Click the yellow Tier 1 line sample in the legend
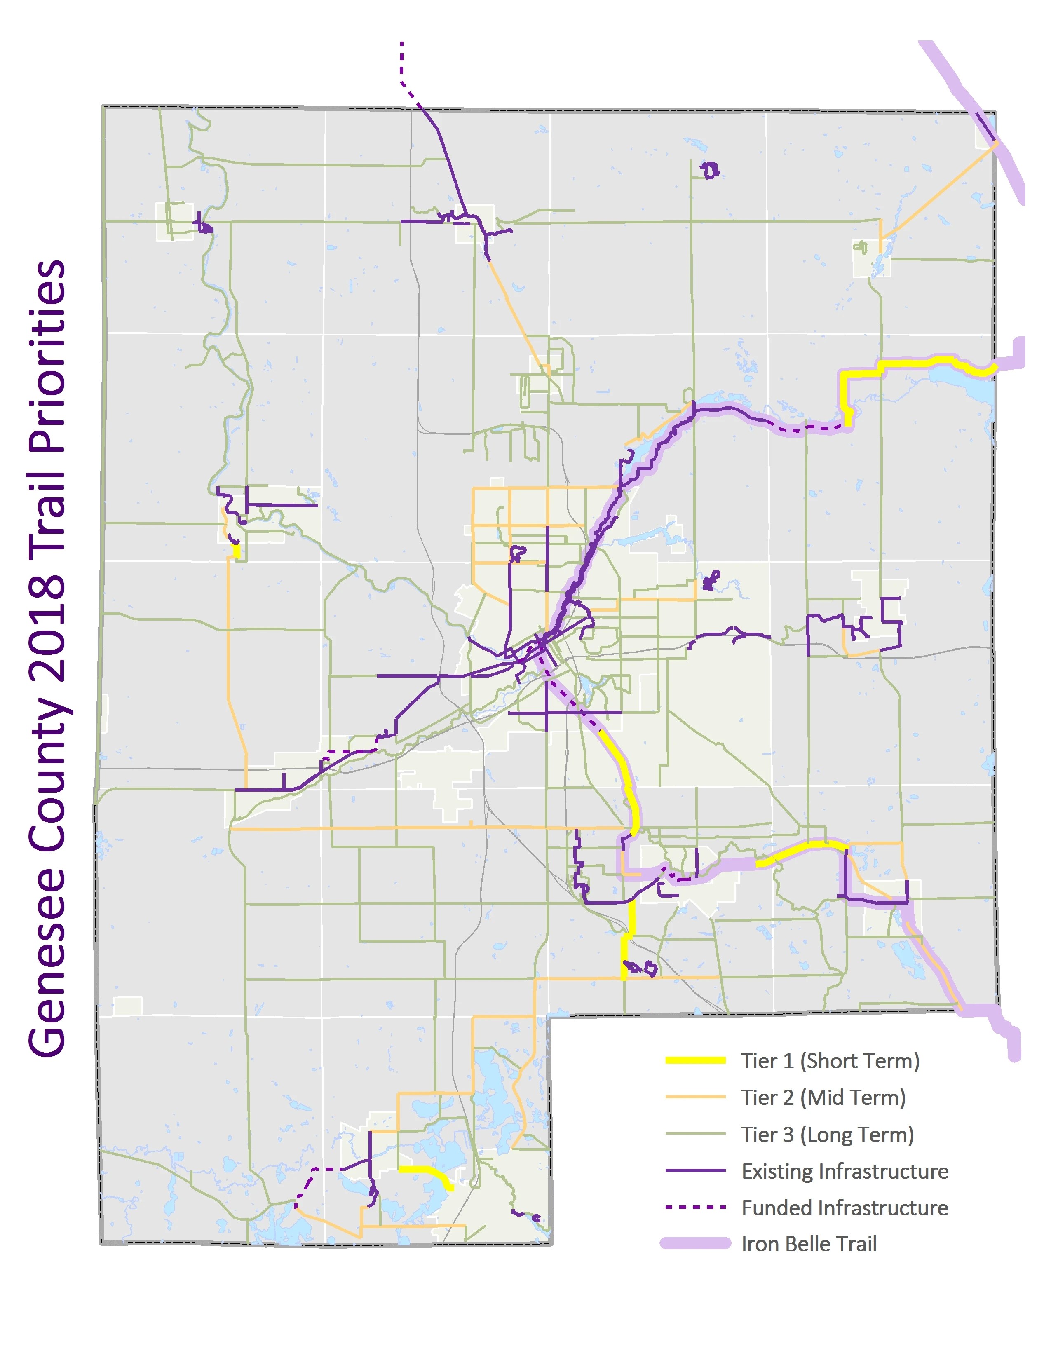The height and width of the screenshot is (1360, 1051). (x=695, y=1060)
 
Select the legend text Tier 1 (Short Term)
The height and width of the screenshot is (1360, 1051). (x=830, y=1060)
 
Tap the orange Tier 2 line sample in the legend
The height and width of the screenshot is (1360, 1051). (x=695, y=1097)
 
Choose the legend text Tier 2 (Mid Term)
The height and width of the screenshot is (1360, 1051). (x=823, y=1097)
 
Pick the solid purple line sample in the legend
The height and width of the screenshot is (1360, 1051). (x=695, y=1171)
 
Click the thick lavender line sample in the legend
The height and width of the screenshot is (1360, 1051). (x=695, y=1243)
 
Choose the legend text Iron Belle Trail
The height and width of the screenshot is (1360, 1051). (x=809, y=1243)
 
